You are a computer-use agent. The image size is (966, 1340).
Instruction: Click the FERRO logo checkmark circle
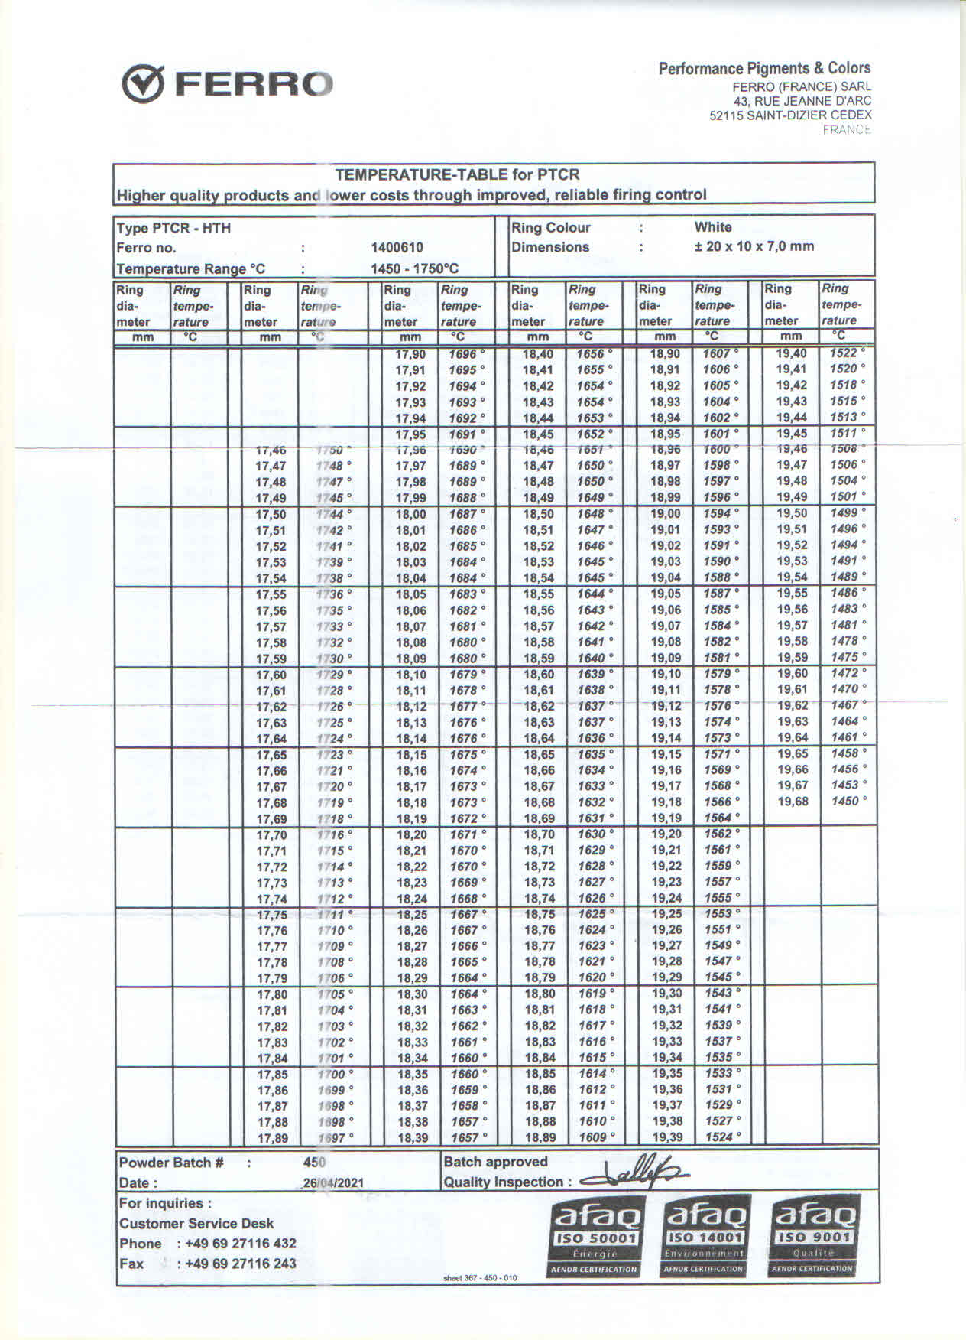coord(144,84)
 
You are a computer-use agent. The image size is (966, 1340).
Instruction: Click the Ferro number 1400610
coord(397,248)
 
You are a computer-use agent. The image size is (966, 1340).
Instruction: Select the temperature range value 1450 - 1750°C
coord(414,268)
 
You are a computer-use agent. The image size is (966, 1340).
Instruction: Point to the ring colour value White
coord(712,227)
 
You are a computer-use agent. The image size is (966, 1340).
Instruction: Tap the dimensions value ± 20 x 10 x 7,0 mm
coord(754,246)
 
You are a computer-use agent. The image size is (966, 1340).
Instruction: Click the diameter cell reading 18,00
coord(410,514)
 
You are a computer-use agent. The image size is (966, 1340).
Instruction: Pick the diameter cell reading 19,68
coord(792,802)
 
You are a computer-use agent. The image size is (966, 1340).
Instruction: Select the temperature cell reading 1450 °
coord(848,802)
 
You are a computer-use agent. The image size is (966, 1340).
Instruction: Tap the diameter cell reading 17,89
coord(272,1138)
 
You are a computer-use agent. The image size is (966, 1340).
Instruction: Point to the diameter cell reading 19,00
coord(665,514)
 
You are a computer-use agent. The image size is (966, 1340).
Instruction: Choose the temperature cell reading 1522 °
coord(847,353)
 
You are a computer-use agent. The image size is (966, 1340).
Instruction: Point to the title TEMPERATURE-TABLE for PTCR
coord(457,174)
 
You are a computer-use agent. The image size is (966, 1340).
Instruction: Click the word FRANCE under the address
coord(847,130)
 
